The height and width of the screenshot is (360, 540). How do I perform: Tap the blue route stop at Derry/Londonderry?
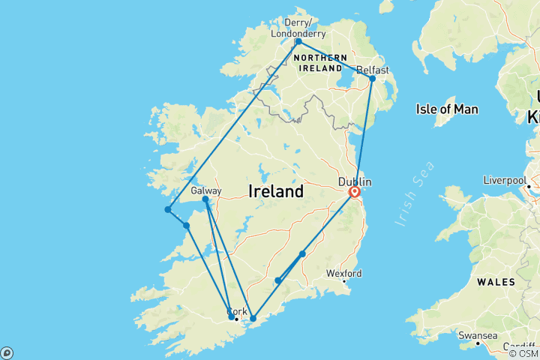[x=298, y=41]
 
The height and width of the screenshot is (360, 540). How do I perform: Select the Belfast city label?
[x=373, y=70]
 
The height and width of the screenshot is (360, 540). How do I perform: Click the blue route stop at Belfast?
[x=372, y=78]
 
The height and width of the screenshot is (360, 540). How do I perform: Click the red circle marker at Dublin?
[x=354, y=192]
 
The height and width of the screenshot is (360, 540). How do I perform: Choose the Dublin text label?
[x=355, y=181]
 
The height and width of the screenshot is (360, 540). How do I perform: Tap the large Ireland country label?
[x=275, y=191]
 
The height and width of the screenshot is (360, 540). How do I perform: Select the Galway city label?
[x=205, y=190]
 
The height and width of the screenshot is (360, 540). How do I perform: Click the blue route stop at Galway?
[x=205, y=199]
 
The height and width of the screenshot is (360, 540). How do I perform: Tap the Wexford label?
[x=343, y=273]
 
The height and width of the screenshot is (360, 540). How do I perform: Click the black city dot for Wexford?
[x=344, y=281]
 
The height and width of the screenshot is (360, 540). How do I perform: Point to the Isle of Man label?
[x=447, y=109]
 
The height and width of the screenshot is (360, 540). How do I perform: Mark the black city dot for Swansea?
[x=478, y=343]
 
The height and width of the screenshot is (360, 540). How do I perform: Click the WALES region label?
[x=495, y=282]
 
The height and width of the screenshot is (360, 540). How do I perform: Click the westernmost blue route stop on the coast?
[x=168, y=210]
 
